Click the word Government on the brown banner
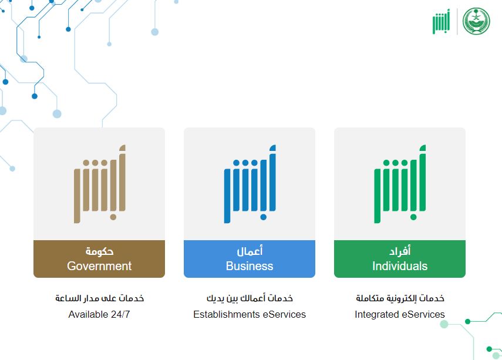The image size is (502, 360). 99,266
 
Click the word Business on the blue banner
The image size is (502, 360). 250,266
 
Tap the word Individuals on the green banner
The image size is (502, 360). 400,266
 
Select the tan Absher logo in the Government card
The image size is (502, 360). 100,184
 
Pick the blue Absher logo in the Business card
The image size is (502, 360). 250,184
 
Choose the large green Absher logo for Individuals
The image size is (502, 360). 400,184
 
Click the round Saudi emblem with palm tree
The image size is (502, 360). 476,21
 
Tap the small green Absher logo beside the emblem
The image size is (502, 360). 441,21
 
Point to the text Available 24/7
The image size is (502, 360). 99,314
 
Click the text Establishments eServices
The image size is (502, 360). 250,314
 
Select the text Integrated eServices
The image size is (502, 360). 400,314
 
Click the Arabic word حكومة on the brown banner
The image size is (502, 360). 99,251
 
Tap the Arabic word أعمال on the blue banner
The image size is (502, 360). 250,251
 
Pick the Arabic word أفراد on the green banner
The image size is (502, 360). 400,251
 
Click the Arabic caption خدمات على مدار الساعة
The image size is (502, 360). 100,298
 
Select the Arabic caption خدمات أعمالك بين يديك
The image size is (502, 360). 250,298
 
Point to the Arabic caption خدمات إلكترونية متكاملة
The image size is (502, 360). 400,298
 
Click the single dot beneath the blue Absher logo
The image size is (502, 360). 264,217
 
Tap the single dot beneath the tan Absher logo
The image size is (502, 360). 113,217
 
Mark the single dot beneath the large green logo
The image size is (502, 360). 413,217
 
